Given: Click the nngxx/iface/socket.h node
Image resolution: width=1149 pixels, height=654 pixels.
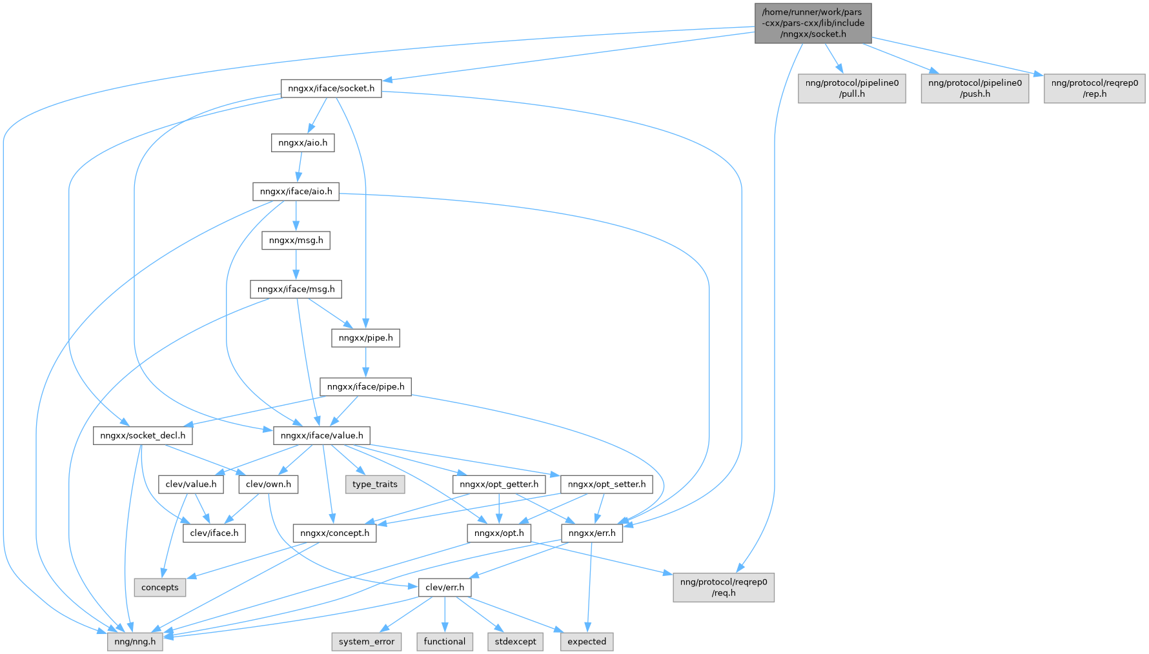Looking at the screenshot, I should click(x=331, y=88).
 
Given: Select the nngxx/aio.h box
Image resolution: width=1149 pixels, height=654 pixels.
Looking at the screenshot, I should click(x=303, y=143).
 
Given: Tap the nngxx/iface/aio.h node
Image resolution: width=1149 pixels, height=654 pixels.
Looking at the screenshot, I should click(x=296, y=192).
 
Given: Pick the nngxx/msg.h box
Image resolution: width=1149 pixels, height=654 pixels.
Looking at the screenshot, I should click(x=296, y=241).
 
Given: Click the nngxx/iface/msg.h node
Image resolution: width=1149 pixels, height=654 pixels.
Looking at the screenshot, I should click(x=296, y=289).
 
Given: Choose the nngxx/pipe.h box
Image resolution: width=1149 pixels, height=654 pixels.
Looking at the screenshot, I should click(x=365, y=338).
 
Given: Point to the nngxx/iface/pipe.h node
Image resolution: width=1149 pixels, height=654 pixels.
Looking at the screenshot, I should click(x=365, y=387).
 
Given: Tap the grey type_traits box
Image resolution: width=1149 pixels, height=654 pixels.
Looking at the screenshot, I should click(x=375, y=484).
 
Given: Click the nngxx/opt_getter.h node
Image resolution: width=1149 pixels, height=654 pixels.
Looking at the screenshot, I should click(x=499, y=484).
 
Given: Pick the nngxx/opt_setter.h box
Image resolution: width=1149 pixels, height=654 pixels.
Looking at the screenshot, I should click(x=607, y=484).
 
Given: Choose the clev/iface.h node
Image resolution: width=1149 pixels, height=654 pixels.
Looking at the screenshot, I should click(x=214, y=533).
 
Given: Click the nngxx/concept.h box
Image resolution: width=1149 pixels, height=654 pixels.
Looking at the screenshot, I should click(x=334, y=533).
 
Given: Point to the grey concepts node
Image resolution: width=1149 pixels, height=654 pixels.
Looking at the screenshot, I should click(x=160, y=588).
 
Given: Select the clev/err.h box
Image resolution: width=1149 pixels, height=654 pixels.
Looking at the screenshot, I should click(x=445, y=588).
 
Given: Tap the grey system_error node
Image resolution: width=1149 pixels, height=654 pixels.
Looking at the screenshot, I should click(x=367, y=642).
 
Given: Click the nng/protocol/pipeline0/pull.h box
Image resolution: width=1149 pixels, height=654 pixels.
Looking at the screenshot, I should click(x=852, y=88).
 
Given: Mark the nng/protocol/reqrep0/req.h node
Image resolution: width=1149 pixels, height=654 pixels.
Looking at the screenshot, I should click(x=724, y=588).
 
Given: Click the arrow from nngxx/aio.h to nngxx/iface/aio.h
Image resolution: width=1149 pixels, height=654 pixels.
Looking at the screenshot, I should click(x=300, y=167).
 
